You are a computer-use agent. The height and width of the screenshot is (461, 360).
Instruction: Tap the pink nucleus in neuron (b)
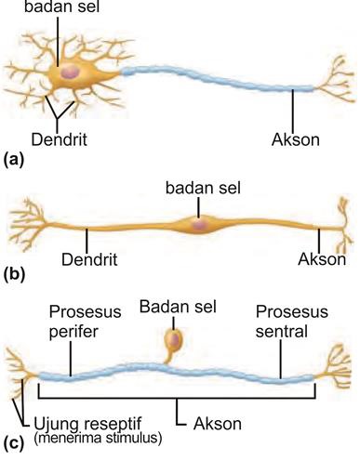199,224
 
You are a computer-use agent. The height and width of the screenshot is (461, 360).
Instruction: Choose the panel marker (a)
13,159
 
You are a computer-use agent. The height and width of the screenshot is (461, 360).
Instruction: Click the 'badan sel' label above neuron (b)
198,188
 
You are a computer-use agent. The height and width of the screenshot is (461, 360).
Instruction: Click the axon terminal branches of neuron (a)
330,90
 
